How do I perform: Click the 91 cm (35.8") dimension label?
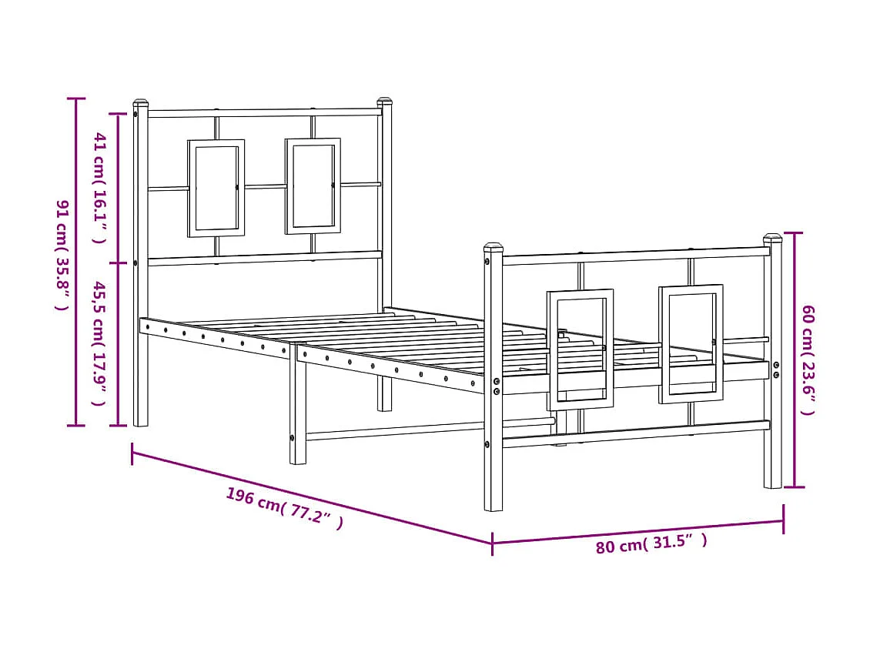62,255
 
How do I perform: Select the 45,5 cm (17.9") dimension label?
99,343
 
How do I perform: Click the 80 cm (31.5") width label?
651,544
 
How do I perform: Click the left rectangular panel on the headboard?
216,188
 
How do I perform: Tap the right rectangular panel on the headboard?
313,186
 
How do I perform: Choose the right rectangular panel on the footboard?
691,343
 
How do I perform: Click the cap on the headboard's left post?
140,102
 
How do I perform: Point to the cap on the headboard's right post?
384,101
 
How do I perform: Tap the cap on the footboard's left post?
493,248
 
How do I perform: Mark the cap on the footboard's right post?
772,237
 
